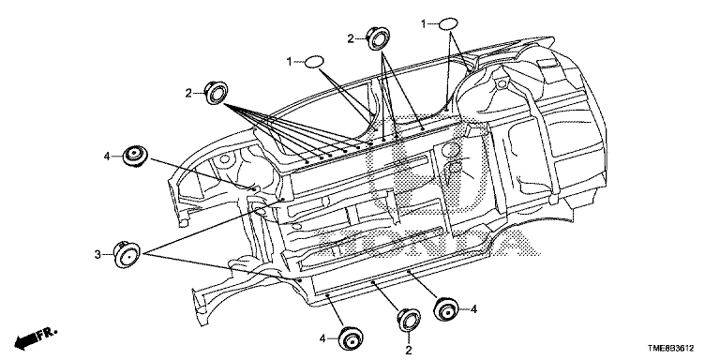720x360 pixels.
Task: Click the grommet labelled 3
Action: tap(127, 254)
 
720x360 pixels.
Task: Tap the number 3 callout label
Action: tap(97, 254)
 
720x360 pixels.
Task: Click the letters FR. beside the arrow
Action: tap(47, 334)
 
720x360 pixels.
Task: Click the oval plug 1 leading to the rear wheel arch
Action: tap(448, 24)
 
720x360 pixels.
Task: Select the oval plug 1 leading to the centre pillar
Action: tap(315, 62)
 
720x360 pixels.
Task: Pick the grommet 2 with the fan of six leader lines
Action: tap(216, 93)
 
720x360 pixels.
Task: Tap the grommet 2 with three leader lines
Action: tap(378, 38)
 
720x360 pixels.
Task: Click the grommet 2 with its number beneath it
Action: tap(408, 320)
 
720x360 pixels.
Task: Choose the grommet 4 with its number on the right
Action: tap(446, 309)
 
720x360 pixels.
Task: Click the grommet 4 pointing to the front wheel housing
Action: tap(135, 157)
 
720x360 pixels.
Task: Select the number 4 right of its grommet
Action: tap(473, 309)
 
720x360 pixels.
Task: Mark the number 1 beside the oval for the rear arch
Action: tap(424, 24)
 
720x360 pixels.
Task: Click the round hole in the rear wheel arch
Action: tap(501, 83)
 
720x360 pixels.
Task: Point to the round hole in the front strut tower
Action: tap(224, 159)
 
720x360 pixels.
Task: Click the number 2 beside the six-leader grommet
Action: tap(188, 93)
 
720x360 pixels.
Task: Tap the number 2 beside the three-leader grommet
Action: tap(351, 39)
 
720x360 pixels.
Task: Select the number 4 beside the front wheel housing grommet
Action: tap(107, 157)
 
